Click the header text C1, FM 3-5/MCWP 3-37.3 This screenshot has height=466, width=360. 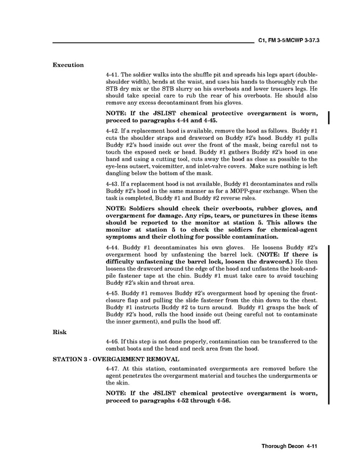[288, 39]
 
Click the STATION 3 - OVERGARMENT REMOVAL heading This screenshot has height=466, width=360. [116, 359]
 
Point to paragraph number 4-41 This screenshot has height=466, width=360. [112, 74]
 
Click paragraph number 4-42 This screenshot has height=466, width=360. [112, 129]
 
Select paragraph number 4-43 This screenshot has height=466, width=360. [112, 184]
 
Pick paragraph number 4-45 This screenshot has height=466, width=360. [112, 294]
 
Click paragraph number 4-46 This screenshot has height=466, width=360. [112, 341]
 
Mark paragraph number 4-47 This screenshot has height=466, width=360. [112, 368]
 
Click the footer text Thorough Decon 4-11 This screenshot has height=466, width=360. [289, 446]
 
